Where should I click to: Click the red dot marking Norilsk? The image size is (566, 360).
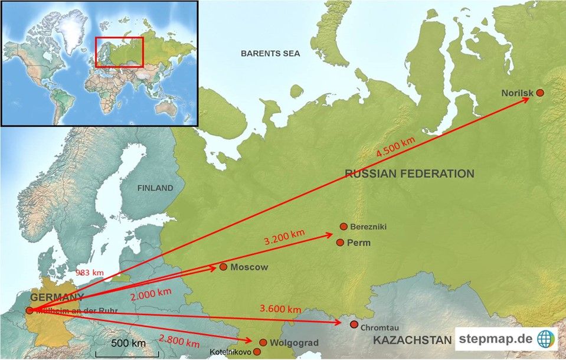pos(539,93)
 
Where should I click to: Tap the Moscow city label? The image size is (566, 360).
pos(249,267)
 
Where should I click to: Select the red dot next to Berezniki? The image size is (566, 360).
pos(343,227)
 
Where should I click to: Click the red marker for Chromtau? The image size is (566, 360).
pos(354,325)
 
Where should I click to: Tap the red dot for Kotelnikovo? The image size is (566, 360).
pos(257,352)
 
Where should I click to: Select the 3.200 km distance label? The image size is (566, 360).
pos(284,237)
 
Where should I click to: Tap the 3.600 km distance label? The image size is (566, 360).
pos(280,309)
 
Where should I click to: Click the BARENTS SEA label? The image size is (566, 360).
pos(270,54)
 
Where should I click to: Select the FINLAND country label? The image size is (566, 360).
pos(156,188)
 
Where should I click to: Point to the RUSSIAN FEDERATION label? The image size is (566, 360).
pos(410,174)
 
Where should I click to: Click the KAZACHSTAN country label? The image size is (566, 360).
pos(412,340)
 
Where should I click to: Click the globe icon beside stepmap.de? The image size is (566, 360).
pos(547,339)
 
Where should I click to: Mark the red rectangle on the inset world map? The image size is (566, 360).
pos(120,52)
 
